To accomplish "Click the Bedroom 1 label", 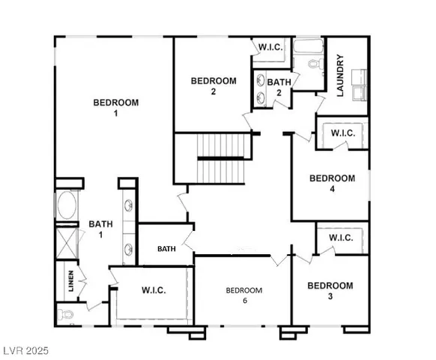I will (115, 107).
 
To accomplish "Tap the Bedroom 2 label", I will (213, 86).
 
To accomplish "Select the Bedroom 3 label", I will (330, 291).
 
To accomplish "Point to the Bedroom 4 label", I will (332, 184).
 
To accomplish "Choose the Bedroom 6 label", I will (244, 295).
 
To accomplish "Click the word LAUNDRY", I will (339, 76).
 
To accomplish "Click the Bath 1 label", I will (100, 229).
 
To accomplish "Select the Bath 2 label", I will (279, 88).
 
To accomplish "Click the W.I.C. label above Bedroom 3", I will (341, 238).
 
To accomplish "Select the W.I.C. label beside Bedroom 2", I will (270, 47).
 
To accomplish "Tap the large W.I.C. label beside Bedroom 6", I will (154, 290).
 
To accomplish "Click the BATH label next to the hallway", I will (166, 249).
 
